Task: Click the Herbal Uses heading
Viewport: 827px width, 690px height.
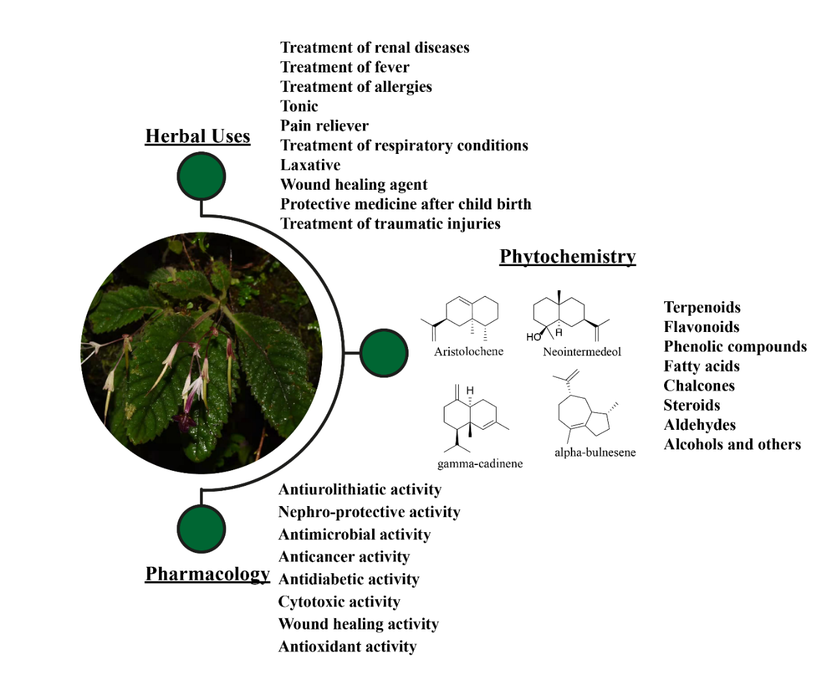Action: [197, 136]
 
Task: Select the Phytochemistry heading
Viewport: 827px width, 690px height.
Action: [567, 257]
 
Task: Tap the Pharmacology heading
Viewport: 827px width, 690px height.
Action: [207, 574]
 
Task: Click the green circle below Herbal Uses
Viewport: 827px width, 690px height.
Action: [201, 176]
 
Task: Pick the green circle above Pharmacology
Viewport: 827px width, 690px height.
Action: [201, 528]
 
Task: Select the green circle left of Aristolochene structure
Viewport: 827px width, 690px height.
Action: [384, 353]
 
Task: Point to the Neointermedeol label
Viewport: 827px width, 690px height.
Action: [582, 352]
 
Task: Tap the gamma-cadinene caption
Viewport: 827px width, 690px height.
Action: [480, 464]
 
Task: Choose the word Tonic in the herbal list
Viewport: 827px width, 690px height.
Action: [299, 106]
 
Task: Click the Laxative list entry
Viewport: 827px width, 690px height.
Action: [310, 165]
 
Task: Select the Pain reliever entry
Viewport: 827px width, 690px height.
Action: [325, 126]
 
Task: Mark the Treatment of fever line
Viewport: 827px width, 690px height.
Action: [345, 67]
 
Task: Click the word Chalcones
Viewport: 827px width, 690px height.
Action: [699, 386]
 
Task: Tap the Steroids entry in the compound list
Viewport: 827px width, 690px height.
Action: [691, 406]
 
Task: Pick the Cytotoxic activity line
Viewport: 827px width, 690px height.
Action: [339, 602]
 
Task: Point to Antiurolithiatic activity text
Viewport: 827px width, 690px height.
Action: [360, 490]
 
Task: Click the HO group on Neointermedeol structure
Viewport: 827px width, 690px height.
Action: [534, 337]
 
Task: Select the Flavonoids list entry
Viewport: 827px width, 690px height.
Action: [701, 327]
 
